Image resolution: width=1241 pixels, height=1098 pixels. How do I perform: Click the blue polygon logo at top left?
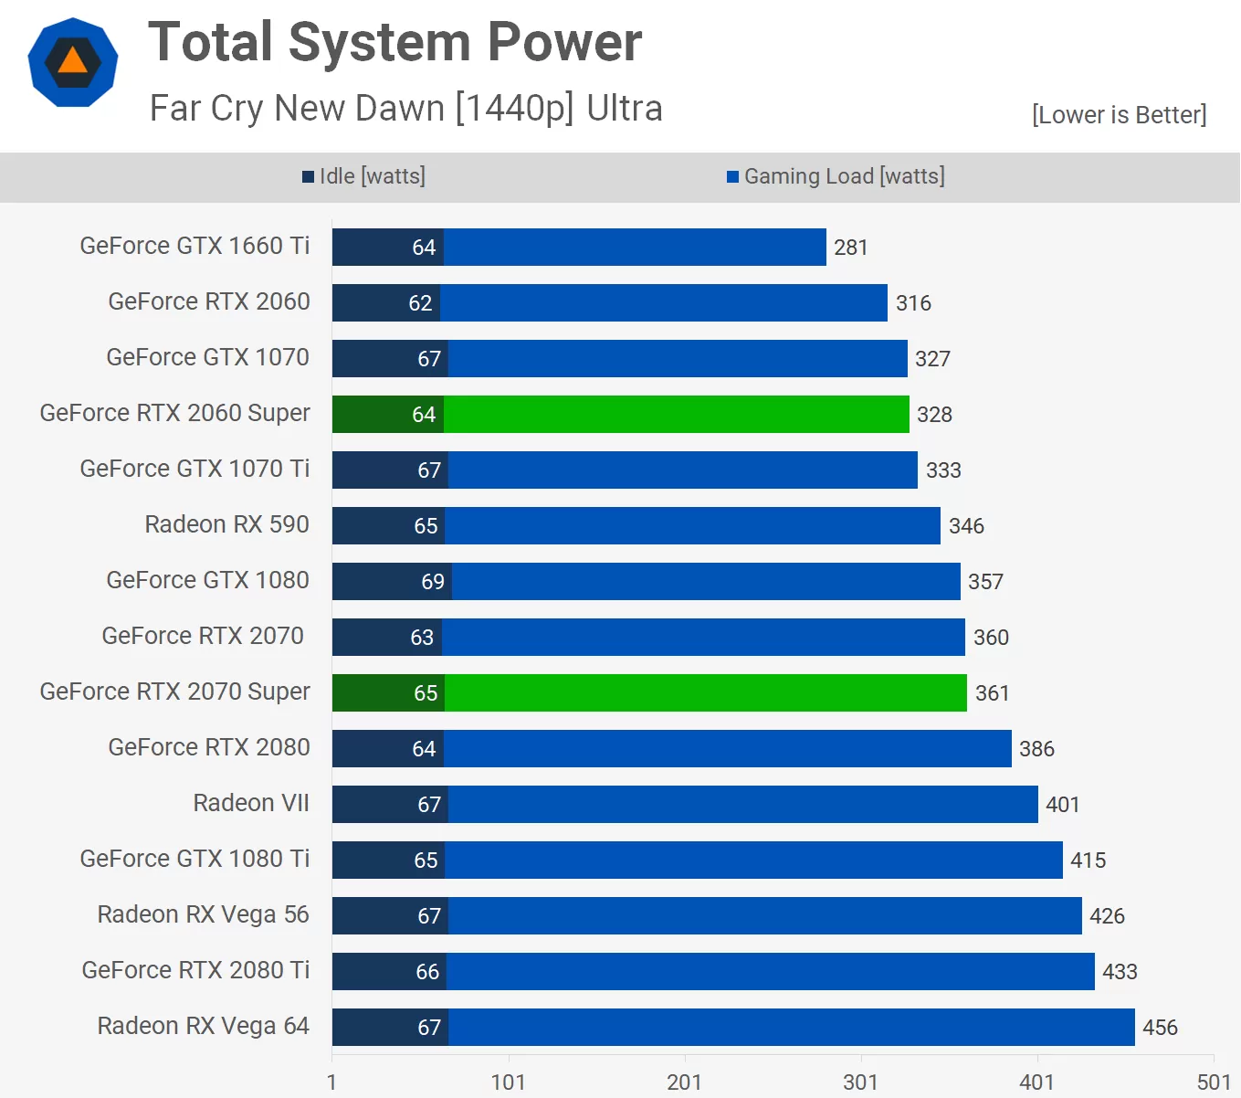(73, 62)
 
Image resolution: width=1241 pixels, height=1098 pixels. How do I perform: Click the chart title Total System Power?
(394, 42)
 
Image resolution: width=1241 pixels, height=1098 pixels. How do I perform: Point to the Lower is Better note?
(1119, 115)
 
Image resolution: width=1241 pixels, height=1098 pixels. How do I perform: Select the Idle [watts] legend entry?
(364, 176)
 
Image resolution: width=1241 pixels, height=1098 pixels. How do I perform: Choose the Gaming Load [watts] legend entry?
(836, 176)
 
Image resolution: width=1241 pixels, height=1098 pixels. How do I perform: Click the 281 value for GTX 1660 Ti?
(850, 248)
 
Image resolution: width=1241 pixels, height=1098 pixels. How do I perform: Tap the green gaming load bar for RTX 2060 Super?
(676, 415)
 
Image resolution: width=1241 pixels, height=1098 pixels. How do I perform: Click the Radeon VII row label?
(251, 803)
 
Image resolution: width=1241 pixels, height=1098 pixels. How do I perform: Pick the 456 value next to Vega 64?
(1160, 1028)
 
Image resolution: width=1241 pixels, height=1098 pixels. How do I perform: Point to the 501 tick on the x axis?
(1214, 1082)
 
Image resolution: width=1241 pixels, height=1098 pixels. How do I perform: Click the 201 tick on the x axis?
(684, 1082)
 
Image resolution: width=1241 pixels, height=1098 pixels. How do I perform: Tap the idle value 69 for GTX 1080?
(433, 582)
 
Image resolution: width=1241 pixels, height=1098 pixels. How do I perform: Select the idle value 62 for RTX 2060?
(420, 303)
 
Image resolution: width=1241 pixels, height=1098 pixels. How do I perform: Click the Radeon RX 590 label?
(226, 524)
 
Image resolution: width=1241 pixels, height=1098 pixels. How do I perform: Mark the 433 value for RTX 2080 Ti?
(1120, 972)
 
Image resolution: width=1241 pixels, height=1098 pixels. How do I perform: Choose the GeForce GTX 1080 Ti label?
(195, 859)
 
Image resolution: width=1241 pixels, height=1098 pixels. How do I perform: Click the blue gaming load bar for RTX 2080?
(727, 749)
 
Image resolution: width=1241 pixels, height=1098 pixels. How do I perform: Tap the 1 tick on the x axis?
(331, 1082)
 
